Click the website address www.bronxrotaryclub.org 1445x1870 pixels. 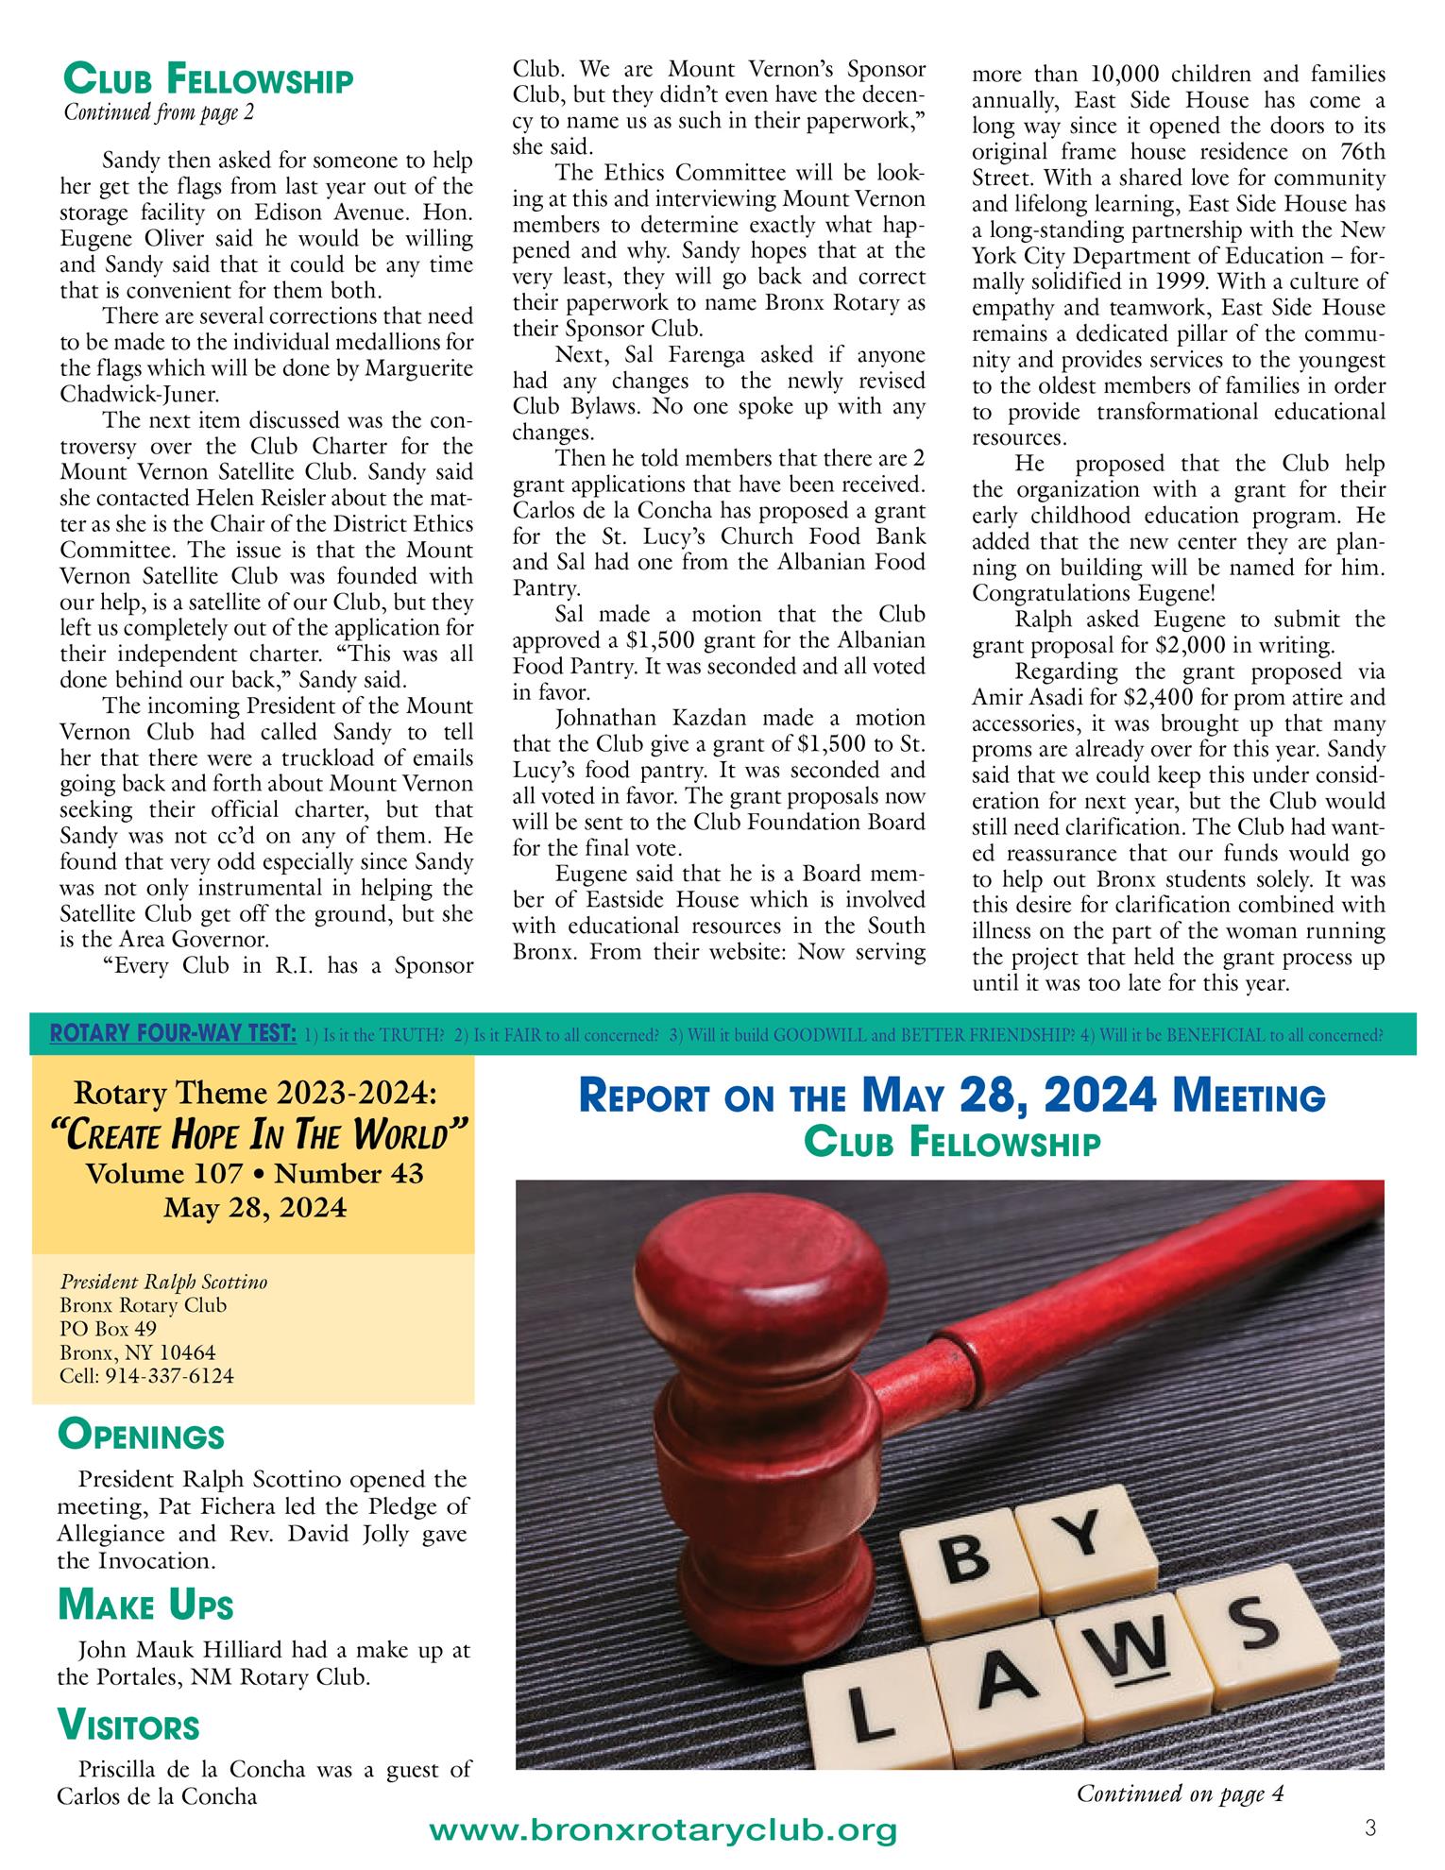tap(662, 1831)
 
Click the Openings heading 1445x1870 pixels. tap(141, 1436)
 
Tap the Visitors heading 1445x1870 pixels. tap(127, 1725)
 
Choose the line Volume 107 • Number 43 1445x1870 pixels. tap(254, 1173)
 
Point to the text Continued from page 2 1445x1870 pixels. tap(159, 111)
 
